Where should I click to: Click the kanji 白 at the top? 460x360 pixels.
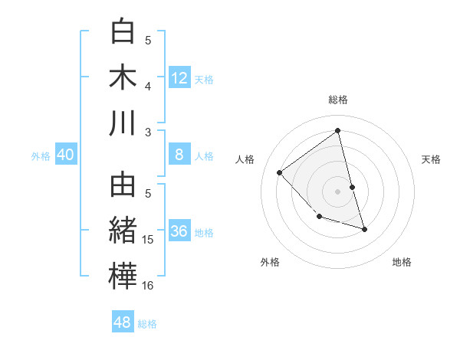coord(123,32)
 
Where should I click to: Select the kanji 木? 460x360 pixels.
coord(123,77)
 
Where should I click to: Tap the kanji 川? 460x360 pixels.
coord(123,123)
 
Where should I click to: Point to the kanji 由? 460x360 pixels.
coord(123,186)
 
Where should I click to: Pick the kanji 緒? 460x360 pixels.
coord(123,231)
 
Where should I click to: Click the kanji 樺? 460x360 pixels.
coord(123,277)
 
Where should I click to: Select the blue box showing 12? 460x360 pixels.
coord(179,77)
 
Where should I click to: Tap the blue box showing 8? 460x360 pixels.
coord(179,155)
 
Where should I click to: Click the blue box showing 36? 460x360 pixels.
coord(179,231)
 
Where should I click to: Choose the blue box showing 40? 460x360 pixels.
coord(65,155)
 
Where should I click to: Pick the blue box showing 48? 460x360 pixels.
coord(123,322)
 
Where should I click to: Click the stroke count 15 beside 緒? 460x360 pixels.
coord(149,240)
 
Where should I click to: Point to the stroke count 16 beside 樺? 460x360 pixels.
coord(149,286)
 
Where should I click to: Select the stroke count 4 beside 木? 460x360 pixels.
coord(149,87)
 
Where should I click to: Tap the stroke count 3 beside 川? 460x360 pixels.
coord(149,133)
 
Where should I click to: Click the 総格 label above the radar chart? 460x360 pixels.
coord(338,100)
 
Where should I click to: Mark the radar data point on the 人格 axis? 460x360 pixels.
coord(280,172)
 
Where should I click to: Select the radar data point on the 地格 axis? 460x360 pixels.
coord(364,229)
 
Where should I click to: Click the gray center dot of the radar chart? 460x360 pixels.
coord(338,191)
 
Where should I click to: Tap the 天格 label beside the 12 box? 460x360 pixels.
coord(204,79)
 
